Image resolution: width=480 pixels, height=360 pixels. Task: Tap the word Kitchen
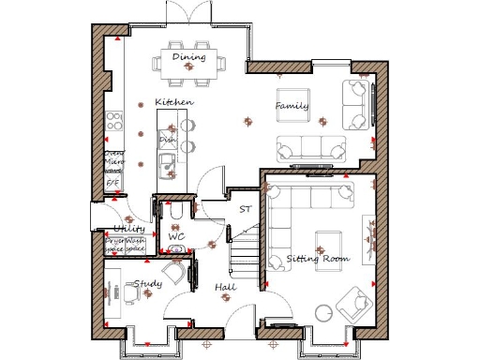click(174, 101)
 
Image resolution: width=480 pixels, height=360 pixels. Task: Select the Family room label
click(292, 107)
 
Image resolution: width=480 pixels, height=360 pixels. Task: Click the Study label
click(148, 283)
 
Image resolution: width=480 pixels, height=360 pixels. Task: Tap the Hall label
click(225, 287)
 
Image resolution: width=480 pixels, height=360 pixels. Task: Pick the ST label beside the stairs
click(245, 210)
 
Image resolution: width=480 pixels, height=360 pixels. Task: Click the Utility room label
click(127, 229)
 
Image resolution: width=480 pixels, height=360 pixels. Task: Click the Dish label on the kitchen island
click(168, 140)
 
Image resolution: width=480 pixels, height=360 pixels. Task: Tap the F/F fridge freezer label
click(112, 184)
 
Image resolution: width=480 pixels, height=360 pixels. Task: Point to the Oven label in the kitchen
click(112, 154)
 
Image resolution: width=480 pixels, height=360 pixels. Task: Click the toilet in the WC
click(176, 217)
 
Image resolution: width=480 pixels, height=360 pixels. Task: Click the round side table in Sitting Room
click(324, 312)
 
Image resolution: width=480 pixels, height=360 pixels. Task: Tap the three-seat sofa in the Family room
click(310, 148)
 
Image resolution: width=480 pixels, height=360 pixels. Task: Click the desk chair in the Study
click(130, 293)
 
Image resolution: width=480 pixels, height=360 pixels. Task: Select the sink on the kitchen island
click(168, 168)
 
